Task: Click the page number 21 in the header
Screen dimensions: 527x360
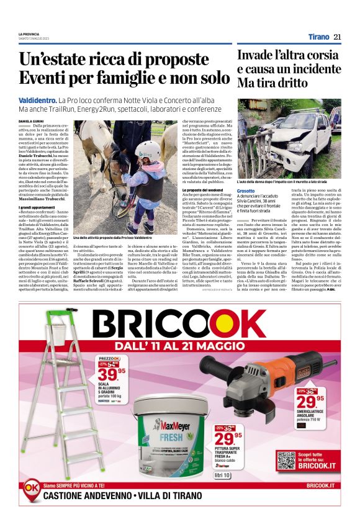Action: pos(337,37)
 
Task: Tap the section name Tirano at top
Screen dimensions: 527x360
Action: pos(318,37)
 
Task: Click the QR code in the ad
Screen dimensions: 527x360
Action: pos(286,461)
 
